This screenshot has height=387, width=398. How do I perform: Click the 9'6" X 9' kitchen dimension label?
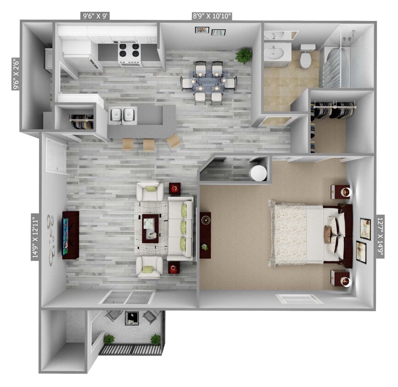click(95, 16)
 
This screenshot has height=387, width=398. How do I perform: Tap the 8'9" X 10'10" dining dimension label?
click(212, 16)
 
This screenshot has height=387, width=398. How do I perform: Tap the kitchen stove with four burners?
click(129, 54)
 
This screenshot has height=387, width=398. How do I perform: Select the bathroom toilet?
click(307, 56)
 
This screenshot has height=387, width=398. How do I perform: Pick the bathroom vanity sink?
click(277, 53)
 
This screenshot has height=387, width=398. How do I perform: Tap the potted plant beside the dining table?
click(244, 56)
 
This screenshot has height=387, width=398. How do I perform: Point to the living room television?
click(67, 235)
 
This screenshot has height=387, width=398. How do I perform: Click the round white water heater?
click(258, 173)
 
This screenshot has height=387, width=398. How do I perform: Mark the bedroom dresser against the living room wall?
click(205, 235)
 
